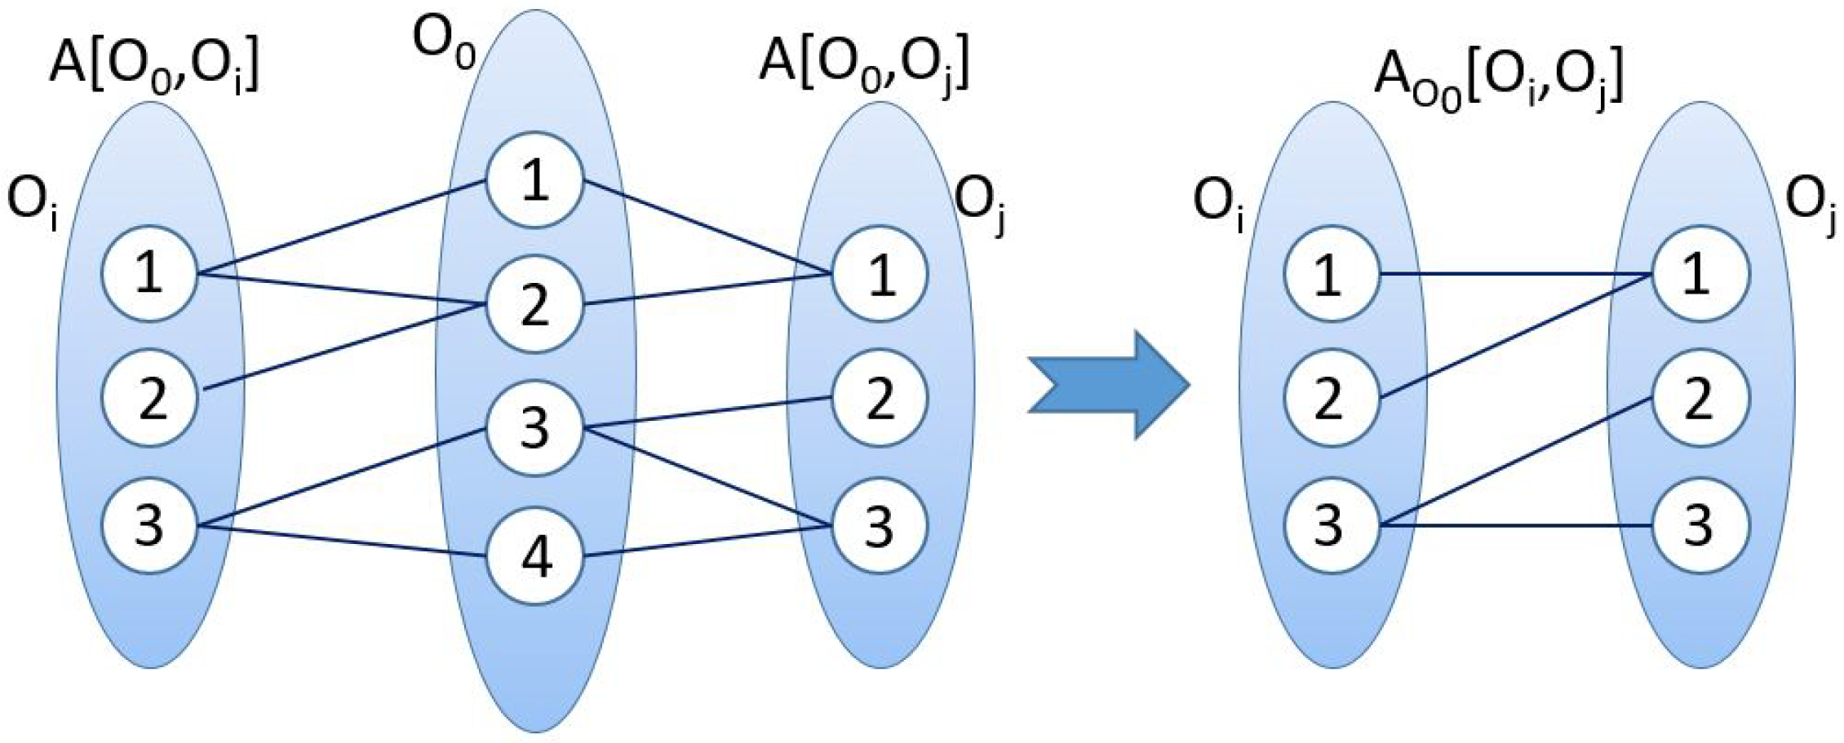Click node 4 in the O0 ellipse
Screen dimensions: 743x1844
[535, 557]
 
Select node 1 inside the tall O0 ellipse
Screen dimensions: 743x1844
[535, 180]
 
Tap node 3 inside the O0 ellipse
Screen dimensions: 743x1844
[535, 428]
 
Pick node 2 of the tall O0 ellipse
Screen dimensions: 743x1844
[535, 305]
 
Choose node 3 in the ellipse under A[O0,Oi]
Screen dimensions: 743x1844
[150, 525]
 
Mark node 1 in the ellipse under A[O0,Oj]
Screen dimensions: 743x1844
[880, 274]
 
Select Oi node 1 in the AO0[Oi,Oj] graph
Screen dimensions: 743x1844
[1331, 274]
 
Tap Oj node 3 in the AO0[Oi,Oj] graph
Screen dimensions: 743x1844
[1700, 525]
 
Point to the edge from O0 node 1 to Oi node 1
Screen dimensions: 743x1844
[343, 228]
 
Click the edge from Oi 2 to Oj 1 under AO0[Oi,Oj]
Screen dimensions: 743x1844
[1515, 336]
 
